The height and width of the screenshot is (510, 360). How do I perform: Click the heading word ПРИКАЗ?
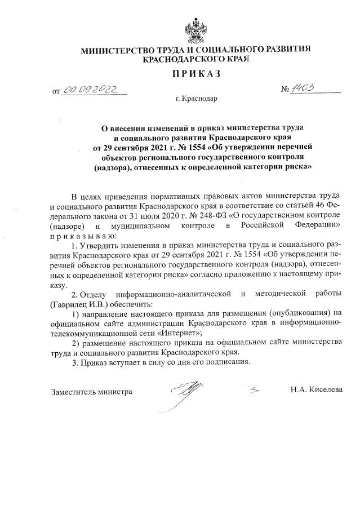point(195,73)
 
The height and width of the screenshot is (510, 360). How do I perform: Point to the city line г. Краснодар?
point(196,99)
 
